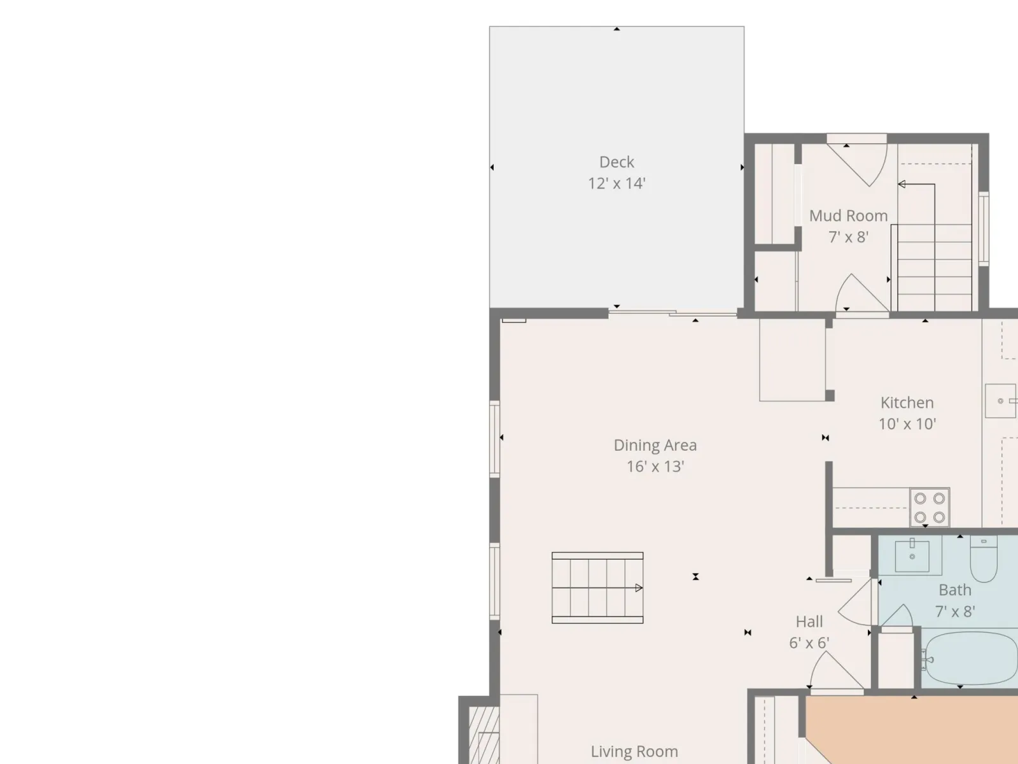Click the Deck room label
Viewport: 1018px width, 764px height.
(x=617, y=162)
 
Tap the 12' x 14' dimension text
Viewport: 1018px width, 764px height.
(x=617, y=183)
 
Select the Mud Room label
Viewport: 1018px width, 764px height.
(x=848, y=216)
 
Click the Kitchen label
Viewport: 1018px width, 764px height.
(x=907, y=402)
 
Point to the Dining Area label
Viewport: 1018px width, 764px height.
(x=655, y=445)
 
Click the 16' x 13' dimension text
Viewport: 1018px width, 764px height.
(x=655, y=466)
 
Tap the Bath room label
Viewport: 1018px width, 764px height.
(x=955, y=590)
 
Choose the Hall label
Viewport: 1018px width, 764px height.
(x=809, y=621)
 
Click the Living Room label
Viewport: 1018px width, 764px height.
(x=634, y=751)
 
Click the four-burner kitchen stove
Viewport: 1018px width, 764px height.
(x=930, y=507)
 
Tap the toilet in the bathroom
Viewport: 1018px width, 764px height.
(x=984, y=558)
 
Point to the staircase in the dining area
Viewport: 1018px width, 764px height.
(x=597, y=588)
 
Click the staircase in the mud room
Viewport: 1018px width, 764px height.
(x=935, y=267)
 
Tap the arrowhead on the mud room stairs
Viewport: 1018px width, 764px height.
(x=902, y=184)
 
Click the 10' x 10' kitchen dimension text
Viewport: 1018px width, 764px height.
(x=907, y=424)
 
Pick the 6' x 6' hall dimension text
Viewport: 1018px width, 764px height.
(x=809, y=643)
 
